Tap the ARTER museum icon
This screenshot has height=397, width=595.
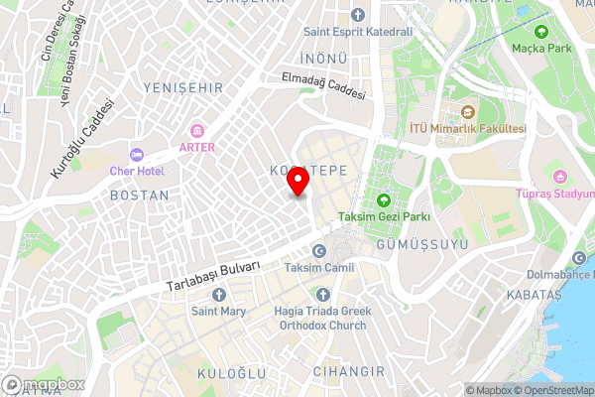click(x=196, y=131)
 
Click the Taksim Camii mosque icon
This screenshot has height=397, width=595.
click(x=319, y=251)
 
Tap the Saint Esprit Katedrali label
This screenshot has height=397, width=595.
click(x=357, y=31)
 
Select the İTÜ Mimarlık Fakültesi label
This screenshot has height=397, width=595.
click(x=467, y=129)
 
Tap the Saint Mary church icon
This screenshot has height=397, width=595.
click(x=219, y=295)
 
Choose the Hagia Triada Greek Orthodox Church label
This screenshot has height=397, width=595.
click(x=322, y=318)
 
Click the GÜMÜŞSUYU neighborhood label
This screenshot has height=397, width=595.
click(x=416, y=243)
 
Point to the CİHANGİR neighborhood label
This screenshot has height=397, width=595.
click(x=349, y=371)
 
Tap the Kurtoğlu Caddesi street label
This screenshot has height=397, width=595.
click(x=76, y=141)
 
